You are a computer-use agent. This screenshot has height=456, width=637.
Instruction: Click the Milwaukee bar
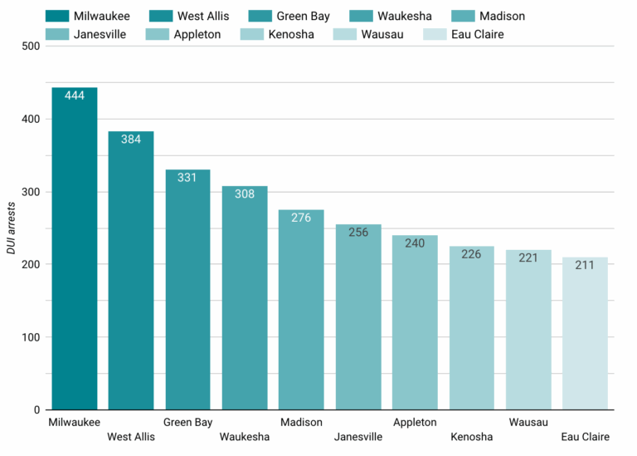tap(75, 248)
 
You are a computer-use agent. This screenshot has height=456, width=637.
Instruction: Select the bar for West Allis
tap(131, 271)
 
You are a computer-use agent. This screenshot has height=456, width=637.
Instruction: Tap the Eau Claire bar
tap(585, 333)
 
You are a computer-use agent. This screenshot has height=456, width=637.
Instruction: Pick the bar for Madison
tap(301, 310)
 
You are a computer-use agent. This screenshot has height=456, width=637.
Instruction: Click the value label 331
tap(187, 178)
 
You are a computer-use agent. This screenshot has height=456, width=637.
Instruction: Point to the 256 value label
tap(358, 233)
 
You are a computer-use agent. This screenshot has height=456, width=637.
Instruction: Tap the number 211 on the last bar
tap(585, 265)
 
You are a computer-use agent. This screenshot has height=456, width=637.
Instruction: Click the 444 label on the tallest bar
tap(75, 96)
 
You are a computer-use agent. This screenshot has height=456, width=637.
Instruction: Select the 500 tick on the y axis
tap(31, 46)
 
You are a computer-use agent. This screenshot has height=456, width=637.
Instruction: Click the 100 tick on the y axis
tap(31, 337)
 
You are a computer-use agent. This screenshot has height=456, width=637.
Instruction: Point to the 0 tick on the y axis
tap(37, 410)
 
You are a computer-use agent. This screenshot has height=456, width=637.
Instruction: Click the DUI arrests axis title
tap(11, 228)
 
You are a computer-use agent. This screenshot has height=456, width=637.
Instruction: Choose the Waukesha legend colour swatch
tap(361, 16)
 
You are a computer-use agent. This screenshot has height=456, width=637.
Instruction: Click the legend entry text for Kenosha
tap(291, 34)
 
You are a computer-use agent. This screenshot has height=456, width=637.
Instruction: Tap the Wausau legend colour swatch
tap(345, 34)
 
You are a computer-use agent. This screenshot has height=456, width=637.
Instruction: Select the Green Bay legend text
tap(303, 17)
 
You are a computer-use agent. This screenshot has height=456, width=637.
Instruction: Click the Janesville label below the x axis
tap(358, 437)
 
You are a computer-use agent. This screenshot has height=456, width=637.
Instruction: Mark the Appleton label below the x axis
tap(415, 423)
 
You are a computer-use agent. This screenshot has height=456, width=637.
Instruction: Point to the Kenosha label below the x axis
tap(472, 437)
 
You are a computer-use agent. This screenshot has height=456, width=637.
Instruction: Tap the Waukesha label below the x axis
tap(245, 437)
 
